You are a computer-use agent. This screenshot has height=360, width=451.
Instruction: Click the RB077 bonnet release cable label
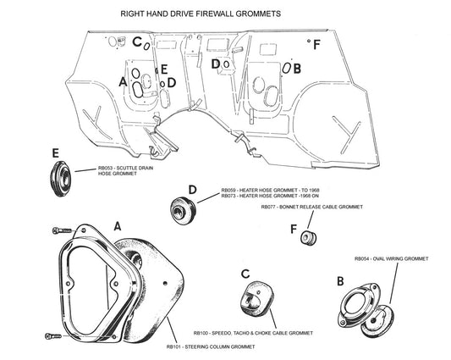tap(311, 208)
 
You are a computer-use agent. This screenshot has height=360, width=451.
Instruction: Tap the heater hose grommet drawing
tap(183, 207)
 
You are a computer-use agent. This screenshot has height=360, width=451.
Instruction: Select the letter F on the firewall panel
tap(316, 45)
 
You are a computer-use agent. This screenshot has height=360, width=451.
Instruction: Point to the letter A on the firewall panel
tap(124, 82)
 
